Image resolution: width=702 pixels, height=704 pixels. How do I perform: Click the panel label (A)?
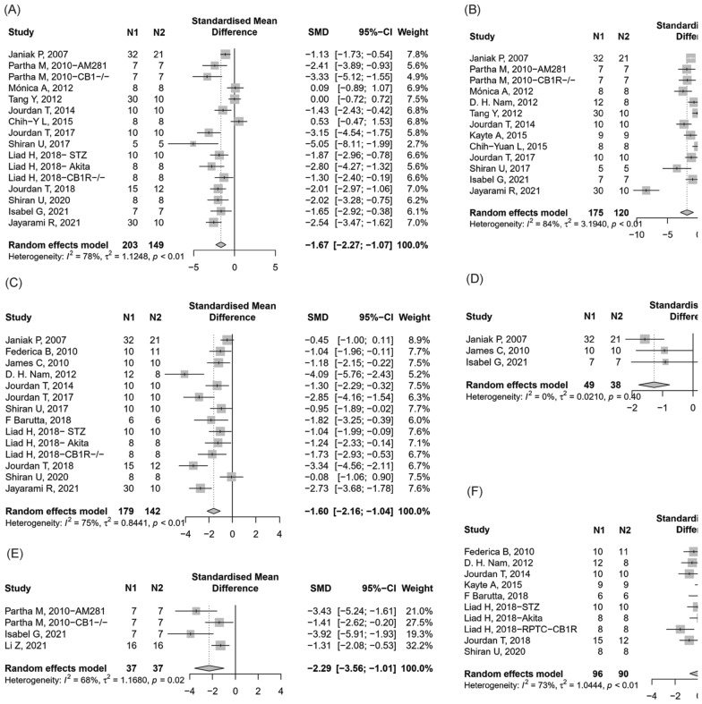(x=16, y=10)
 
